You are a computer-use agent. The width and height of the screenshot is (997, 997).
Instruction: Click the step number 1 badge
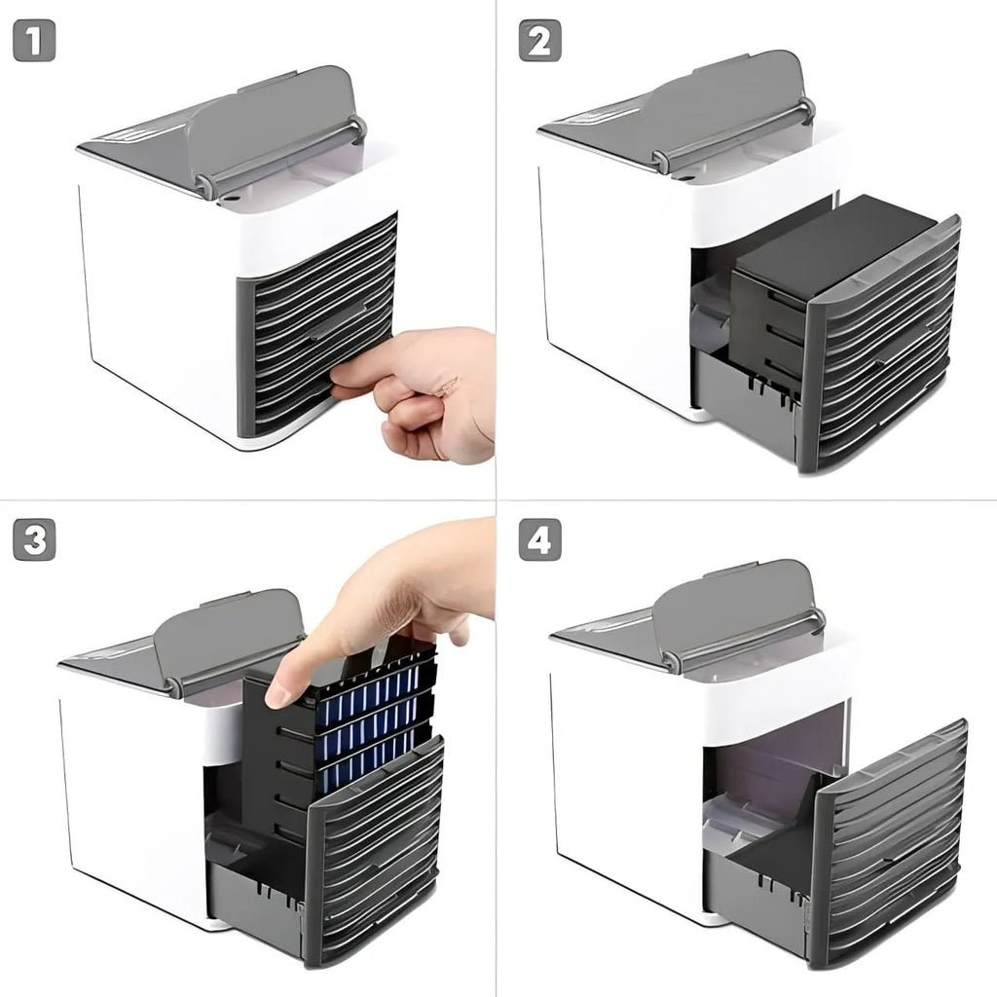(x=34, y=41)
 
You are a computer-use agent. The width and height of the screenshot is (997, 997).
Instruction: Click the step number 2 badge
(x=539, y=41)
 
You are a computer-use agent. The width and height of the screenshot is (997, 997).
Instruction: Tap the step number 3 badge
(x=34, y=539)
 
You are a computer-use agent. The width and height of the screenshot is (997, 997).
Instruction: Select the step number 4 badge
(x=539, y=539)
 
